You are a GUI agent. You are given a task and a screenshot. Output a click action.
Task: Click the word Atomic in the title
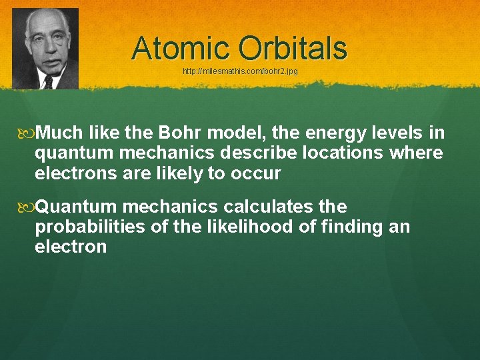pos(182,48)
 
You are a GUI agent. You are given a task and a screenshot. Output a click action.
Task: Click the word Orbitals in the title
pos(293,48)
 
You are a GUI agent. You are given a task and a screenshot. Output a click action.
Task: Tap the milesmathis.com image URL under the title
pos(240,71)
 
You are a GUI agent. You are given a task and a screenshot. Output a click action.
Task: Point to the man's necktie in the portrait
pos(48,81)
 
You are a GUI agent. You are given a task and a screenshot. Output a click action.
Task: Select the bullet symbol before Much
pos(27,133)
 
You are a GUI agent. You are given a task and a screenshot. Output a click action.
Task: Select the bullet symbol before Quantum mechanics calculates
pos(27,206)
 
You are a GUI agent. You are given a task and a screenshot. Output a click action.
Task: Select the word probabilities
pos(91,227)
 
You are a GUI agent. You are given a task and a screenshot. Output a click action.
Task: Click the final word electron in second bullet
pos(71,247)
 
